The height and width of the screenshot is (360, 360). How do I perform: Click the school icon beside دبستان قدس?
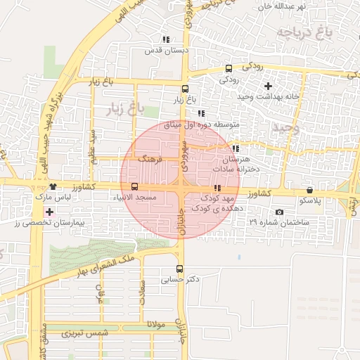coord(166,40)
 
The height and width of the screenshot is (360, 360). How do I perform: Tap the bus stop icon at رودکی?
coord(229,69)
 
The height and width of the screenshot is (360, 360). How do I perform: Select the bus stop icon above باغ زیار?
coord(185,89)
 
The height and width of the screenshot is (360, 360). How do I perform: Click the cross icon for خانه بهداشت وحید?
coord(268,86)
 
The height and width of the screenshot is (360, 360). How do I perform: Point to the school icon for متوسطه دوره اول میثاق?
coord(201,113)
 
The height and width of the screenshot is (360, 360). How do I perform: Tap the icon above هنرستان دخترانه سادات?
coord(236,149)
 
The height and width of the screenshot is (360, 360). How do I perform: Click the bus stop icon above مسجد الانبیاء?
coord(134,186)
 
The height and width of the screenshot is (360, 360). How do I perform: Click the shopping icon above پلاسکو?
coord(310,190)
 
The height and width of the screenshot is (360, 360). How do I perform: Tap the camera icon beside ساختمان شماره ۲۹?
coord(280,212)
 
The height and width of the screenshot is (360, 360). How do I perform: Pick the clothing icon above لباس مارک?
coord(53,187)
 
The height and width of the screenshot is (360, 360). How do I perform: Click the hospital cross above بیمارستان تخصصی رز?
coord(49,212)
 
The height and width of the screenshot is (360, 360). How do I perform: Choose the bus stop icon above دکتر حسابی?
coord(179,269)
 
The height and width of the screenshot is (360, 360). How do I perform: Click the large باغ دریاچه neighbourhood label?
coord(303,33)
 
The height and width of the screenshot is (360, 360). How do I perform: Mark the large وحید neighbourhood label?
coord(285,128)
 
